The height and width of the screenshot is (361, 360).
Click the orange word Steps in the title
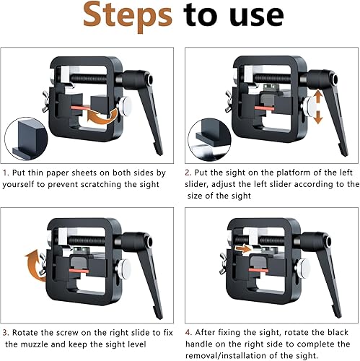pyautogui.click(x=128, y=17)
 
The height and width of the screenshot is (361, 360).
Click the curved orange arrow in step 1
pyautogui.click(x=102, y=117)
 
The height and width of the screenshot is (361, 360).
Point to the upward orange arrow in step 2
pyautogui.click(x=318, y=97)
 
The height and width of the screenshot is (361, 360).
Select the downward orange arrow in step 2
pyautogui.click(x=318, y=117)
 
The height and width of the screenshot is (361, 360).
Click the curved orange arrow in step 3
pyautogui.click(x=35, y=265)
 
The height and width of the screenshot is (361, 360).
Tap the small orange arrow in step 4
pyautogui.click(x=243, y=248)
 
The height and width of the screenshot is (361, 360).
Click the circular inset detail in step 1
pyautogui.click(x=26, y=139)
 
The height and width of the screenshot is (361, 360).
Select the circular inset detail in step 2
pyautogui.click(x=209, y=139)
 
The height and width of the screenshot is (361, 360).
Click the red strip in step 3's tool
pyautogui.click(x=79, y=271)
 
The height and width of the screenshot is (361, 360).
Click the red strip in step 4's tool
pyautogui.click(x=258, y=270)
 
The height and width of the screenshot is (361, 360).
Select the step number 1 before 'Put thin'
pyautogui.click(x=6, y=173)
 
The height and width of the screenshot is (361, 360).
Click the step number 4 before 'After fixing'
pyautogui.click(x=188, y=333)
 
